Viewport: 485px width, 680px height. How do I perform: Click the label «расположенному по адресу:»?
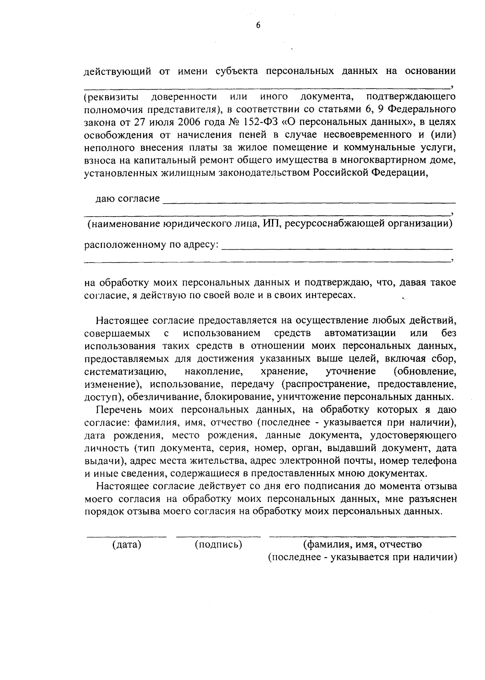click(152, 245)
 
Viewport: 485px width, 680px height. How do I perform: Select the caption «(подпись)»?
click(218, 545)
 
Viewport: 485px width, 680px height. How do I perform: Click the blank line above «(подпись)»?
click(218, 536)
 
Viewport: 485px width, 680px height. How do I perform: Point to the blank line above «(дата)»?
click(127, 536)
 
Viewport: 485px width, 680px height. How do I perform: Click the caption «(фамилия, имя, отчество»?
click(363, 545)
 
